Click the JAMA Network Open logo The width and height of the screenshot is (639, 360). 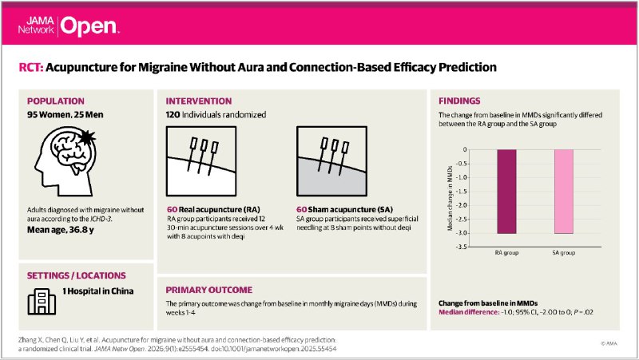click(x=73, y=24)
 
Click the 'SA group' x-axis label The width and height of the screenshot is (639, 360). click(x=563, y=252)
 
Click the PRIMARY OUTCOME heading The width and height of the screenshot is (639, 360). click(x=209, y=290)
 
